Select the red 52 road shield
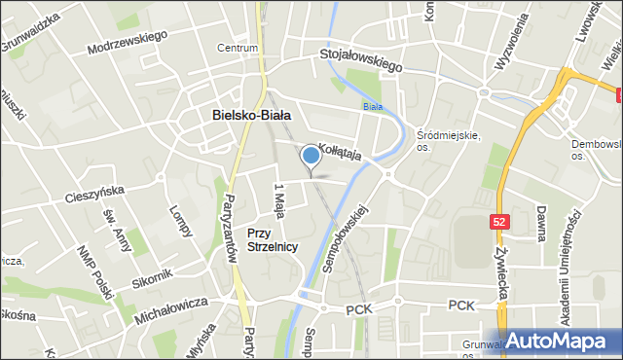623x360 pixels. (498, 222)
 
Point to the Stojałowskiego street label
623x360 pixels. (361, 61)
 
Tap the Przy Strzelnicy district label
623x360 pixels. (272, 240)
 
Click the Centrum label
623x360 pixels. (238, 48)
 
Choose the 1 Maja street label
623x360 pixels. (279, 200)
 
